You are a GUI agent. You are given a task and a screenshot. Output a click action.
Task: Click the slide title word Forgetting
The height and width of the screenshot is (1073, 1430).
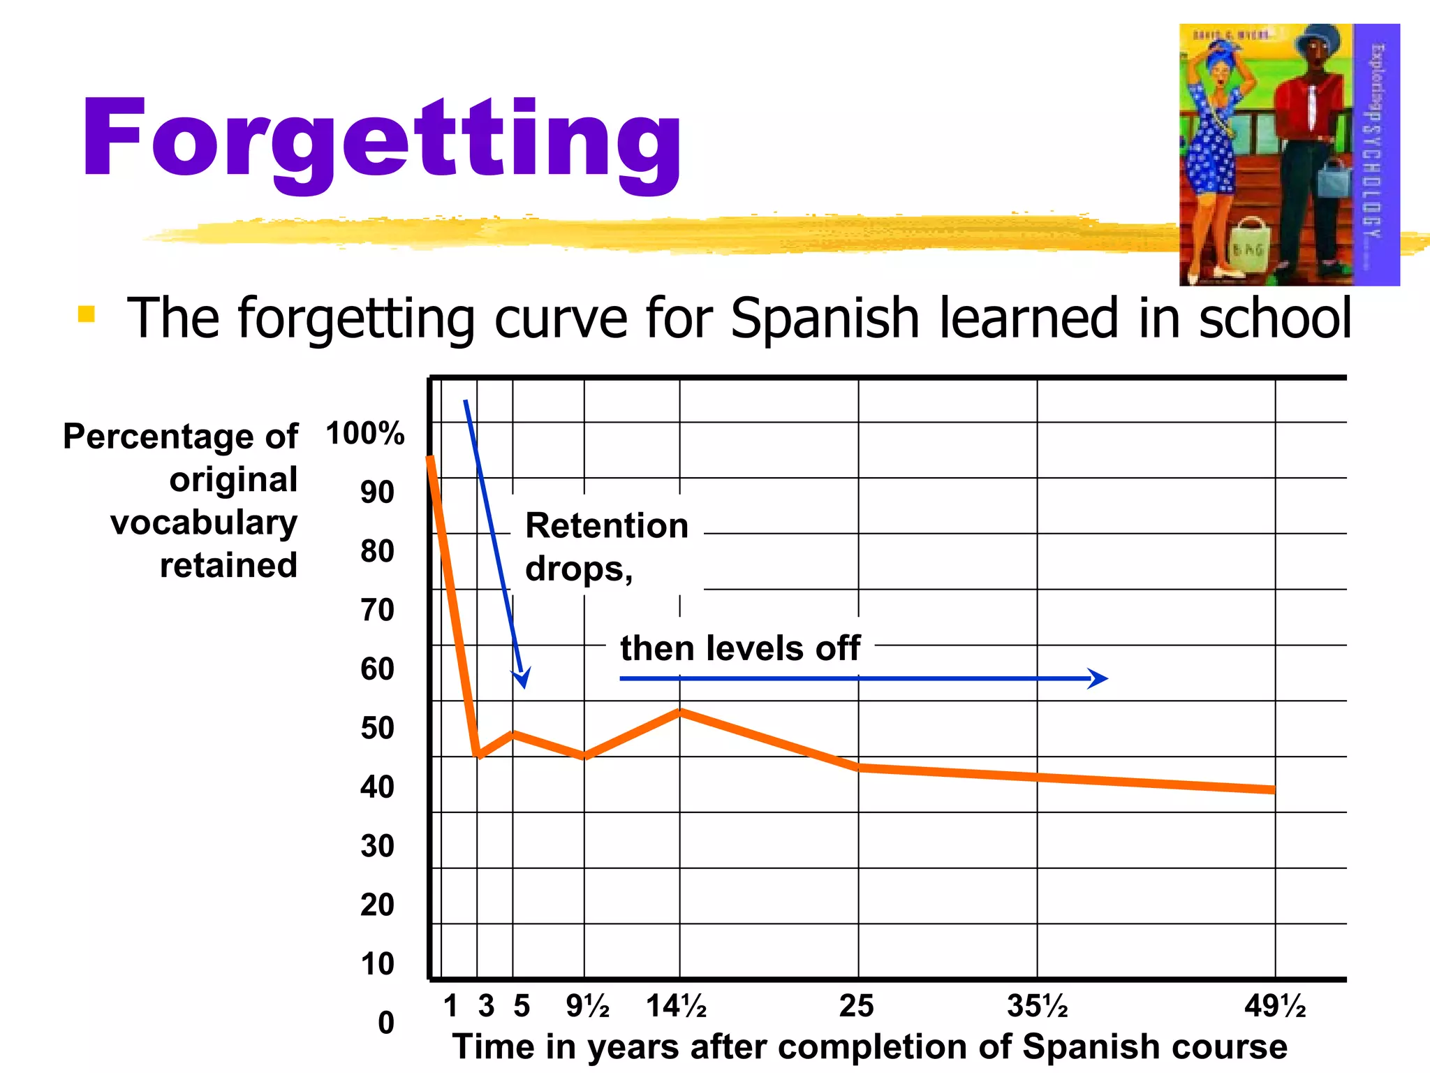point(381,140)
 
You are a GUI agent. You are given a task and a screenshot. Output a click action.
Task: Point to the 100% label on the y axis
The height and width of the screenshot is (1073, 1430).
point(364,433)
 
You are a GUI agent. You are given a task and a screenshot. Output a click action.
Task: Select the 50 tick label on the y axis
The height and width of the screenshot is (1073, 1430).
point(377,728)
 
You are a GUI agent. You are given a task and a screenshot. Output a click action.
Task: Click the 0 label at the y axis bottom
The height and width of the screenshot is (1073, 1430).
point(386,1023)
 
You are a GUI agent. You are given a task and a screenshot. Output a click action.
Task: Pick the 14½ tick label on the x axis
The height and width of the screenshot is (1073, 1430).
point(676,1007)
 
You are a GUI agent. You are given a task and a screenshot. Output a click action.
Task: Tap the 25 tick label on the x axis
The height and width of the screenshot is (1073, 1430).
point(856,1007)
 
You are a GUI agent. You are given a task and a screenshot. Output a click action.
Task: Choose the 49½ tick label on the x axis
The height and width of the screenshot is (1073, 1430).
point(1275,1007)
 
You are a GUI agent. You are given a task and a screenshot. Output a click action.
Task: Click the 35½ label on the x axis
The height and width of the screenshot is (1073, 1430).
point(1038,1007)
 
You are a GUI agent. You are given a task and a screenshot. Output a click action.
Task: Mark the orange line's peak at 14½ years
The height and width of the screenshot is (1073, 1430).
point(680,712)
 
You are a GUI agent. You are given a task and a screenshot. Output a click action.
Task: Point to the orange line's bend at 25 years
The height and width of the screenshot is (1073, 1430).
point(859,767)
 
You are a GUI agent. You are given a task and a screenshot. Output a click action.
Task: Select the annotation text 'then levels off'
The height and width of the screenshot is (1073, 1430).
point(740,648)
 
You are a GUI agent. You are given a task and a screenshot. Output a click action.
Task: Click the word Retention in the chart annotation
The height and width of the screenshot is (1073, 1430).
point(607,525)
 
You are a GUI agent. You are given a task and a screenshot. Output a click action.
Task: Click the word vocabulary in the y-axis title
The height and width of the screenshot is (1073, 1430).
point(204,523)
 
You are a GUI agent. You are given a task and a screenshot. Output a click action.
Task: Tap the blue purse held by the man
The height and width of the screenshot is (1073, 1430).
point(1334,178)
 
